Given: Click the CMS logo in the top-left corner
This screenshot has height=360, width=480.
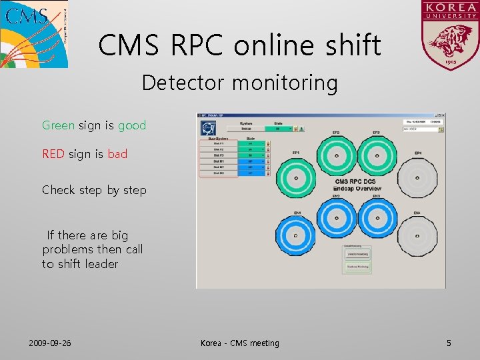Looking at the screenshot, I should pos(33,33).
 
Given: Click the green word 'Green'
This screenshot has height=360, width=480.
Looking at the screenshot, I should pos(59,125).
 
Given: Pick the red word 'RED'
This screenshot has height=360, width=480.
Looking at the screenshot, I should pos(53,154).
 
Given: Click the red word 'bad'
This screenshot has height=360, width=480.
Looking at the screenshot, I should pos(117,154).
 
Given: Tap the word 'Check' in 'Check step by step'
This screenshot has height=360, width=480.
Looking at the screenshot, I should pos(59,190).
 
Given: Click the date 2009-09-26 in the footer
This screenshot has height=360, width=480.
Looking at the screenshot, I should pos(50,343).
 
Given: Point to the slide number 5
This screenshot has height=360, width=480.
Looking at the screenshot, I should pos(449,343).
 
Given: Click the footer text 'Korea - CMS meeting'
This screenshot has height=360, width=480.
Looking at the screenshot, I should pos(240,343).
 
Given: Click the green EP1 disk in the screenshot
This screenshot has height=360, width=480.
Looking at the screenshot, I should pos(295,178).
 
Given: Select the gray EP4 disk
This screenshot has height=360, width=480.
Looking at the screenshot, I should pos(417,178).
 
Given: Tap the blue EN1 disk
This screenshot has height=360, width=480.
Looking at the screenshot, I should pos(295,236).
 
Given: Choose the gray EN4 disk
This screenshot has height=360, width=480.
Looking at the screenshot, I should pos(417,236).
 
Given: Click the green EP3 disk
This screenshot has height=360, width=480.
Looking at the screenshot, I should pos(377,155).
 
